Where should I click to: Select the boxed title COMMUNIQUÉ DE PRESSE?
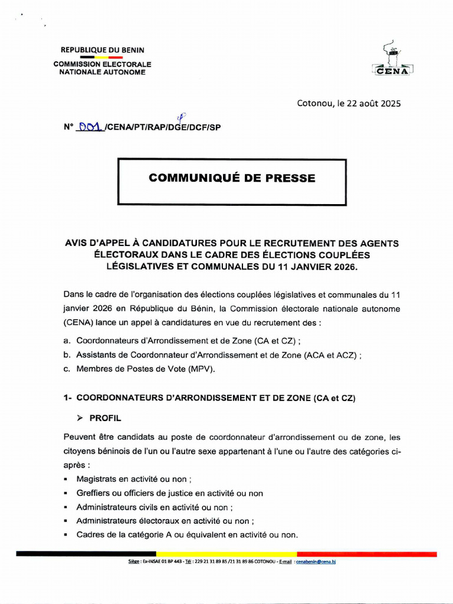click(x=232, y=178)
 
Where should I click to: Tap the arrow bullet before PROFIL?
click(x=81, y=418)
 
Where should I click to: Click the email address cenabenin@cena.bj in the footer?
click(x=316, y=562)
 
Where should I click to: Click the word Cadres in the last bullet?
click(x=90, y=535)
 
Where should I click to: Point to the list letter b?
click(x=67, y=355)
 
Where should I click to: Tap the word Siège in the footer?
click(x=133, y=562)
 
